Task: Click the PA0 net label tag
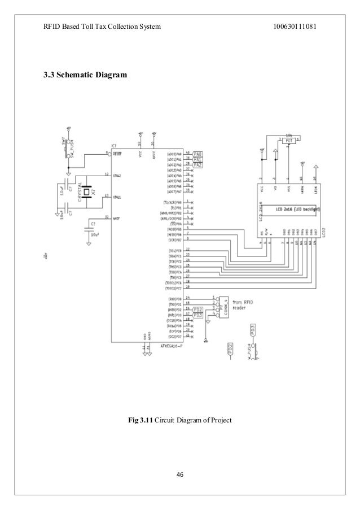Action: coord(197,154)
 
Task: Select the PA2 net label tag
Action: coord(197,164)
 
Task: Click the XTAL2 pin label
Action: coord(118,175)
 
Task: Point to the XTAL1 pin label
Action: coord(118,197)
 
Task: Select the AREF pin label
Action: coord(117,218)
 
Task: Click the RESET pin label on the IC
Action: coord(118,154)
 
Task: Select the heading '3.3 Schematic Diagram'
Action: coord(82,75)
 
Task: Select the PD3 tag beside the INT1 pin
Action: coord(197,315)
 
